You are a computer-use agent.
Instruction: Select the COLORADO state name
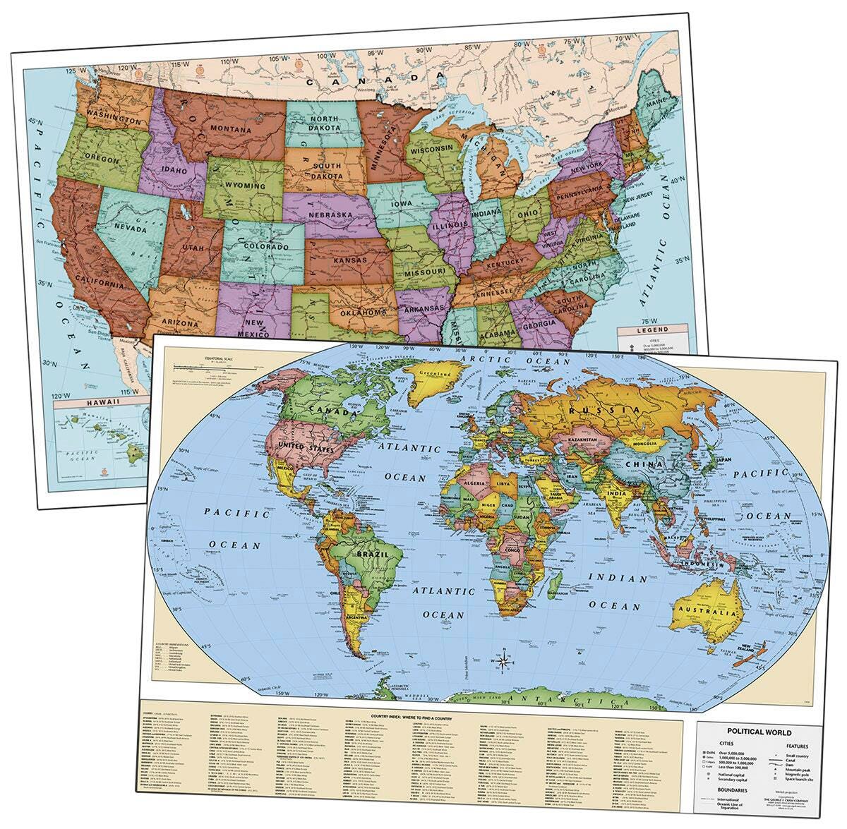click(266, 246)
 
